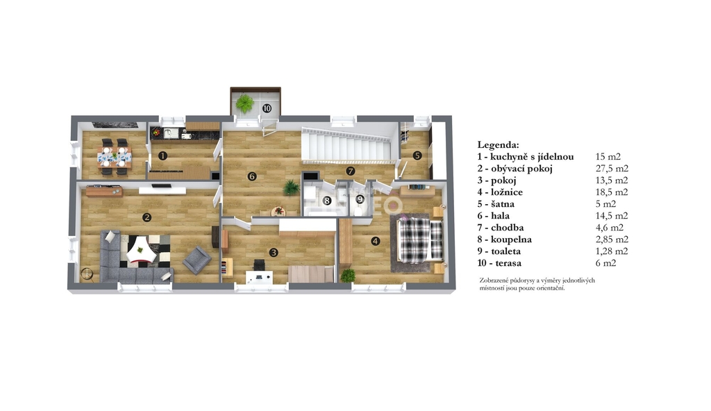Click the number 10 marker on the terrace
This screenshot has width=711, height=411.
coord(267,108)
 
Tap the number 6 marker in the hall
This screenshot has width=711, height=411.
coord(252,176)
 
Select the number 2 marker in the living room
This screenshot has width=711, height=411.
coord(147,217)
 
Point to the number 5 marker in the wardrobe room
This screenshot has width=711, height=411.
coord(417,155)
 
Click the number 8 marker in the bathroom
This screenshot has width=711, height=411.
coord(326,201)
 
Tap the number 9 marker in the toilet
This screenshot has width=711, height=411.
coord(360,199)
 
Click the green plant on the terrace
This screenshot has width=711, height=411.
coord(245,103)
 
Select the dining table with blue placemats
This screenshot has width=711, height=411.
coord(115,157)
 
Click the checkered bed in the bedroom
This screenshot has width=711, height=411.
coord(419,240)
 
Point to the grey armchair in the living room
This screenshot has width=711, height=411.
coord(196,260)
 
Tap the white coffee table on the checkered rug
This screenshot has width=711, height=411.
coord(139,251)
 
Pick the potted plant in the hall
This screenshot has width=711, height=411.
coord(290,187)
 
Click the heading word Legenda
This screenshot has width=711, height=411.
coord(498,144)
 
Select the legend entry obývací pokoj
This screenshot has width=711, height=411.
coord(521,169)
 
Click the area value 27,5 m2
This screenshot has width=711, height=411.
coord(612,169)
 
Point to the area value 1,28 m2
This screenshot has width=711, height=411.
coord(612,251)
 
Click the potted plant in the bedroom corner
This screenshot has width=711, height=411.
coord(349,276)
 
